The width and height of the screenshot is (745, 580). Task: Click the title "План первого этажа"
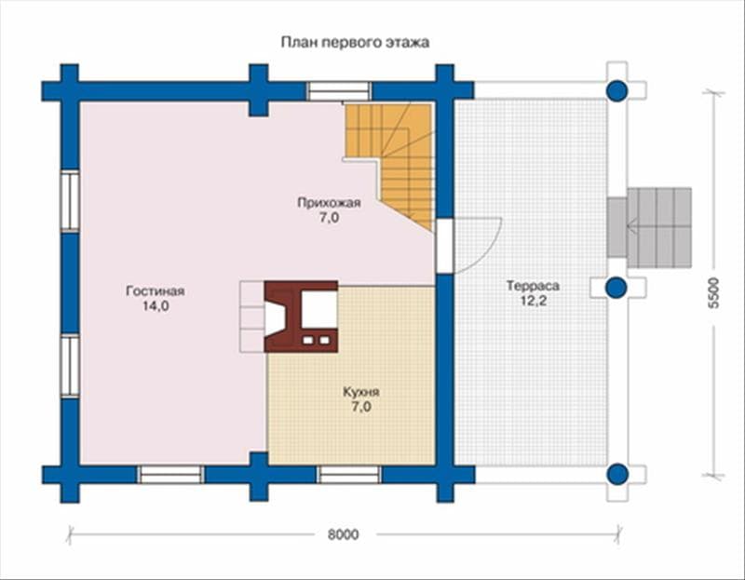tap(355, 43)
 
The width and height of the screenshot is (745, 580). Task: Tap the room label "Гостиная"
tap(156, 290)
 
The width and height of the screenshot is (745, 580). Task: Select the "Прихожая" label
tap(329, 203)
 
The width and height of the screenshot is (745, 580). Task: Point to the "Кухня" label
tap(361, 392)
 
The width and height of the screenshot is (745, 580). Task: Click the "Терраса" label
tap(533, 286)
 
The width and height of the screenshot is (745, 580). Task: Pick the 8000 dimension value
tap(343, 534)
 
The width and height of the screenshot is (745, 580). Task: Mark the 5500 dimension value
tap(713, 293)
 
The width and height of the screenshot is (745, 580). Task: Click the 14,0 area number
tap(156, 306)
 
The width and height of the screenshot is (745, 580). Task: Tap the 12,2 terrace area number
tap(533, 301)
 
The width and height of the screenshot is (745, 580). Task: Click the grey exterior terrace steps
tap(649, 227)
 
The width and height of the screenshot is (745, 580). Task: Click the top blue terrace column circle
tap(617, 90)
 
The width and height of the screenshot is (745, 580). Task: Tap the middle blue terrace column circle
tap(617, 288)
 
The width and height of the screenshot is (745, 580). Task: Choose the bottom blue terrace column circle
tap(617, 474)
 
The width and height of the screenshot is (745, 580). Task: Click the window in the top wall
tap(338, 90)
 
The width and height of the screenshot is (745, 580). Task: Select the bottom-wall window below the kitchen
tap(350, 475)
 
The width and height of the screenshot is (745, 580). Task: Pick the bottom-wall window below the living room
tap(170, 475)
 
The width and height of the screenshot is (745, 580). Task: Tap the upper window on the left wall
tap(70, 200)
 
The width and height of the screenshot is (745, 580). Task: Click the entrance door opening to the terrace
tap(445, 246)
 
